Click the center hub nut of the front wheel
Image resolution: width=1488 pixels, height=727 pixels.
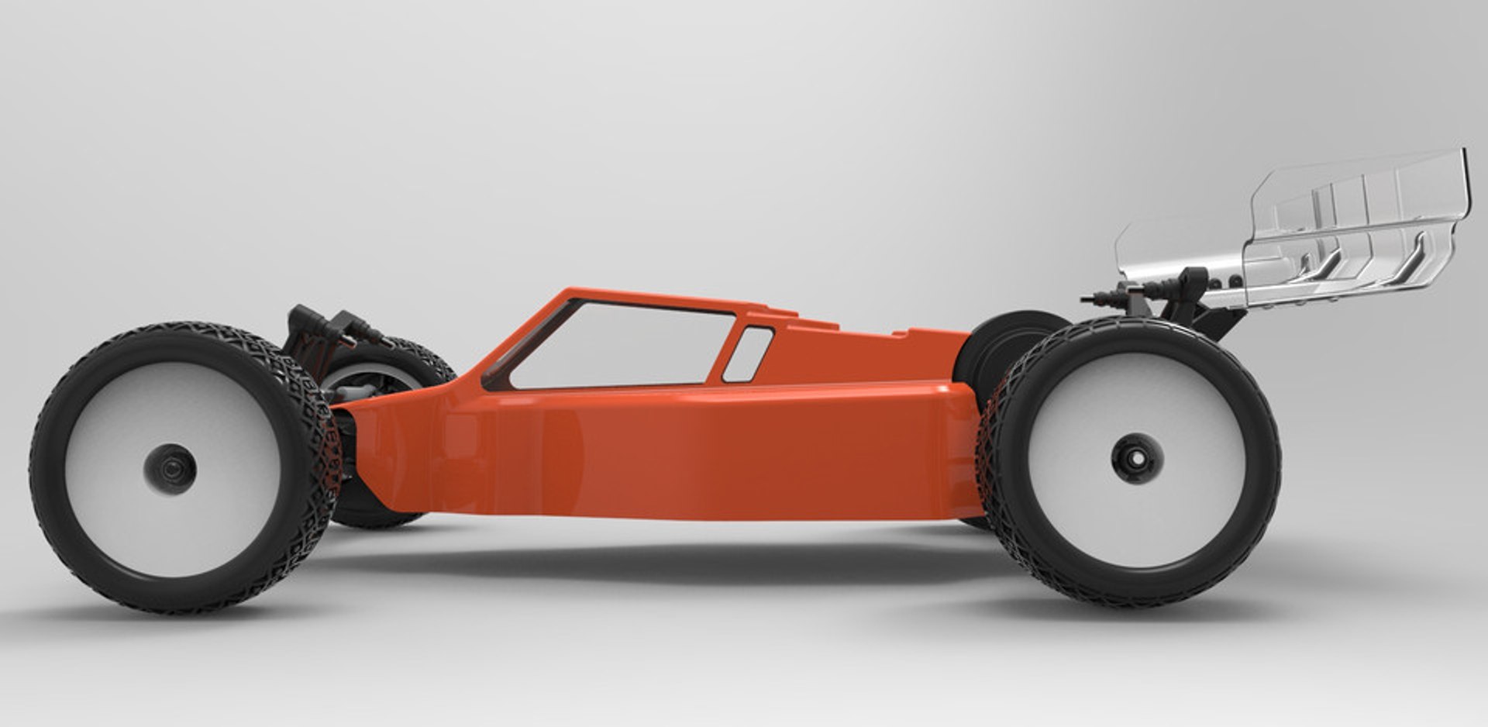click(170, 469)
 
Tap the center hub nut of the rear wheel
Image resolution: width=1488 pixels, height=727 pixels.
click(1136, 458)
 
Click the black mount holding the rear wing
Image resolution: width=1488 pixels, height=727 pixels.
click(1197, 298)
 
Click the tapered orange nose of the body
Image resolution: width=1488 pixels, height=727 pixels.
click(403, 434)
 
